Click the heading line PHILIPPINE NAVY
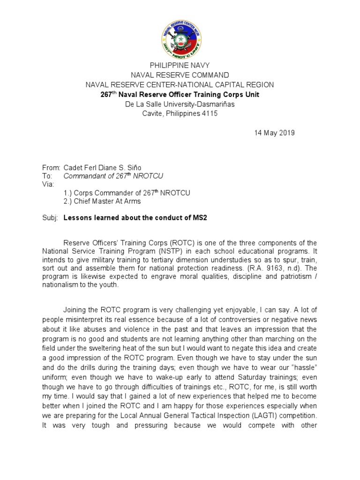tap(180, 65)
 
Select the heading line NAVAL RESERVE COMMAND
tap(180, 75)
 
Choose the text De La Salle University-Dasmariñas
tap(180, 104)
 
